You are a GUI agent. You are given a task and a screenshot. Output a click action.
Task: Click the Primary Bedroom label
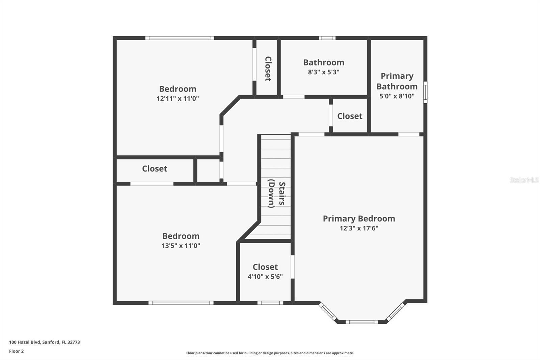click(359, 218)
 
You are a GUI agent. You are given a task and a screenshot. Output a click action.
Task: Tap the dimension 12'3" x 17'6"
click(359, 228)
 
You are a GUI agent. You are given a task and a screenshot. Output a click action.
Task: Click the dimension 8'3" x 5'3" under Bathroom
click(323, 72)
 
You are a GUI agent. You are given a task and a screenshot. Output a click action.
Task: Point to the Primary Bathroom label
click(397, 81)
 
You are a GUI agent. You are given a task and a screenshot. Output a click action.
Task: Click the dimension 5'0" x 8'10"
click(397, 96)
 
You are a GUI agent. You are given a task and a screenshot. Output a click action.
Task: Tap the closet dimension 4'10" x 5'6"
click(265, 277)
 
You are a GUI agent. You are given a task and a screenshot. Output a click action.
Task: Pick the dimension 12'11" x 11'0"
click(178, 99)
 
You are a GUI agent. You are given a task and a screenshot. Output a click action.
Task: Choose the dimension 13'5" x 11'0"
click(181, 246)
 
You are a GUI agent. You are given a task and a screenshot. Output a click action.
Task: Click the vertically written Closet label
click(268, 69)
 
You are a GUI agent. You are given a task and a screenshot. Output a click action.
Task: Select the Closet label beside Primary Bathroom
click(350, 116)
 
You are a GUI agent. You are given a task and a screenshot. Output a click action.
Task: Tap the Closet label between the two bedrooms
click(155, 169)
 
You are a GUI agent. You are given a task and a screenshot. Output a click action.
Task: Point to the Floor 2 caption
click(16, 351)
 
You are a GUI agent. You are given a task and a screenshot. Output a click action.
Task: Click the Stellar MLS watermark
click(524, 180)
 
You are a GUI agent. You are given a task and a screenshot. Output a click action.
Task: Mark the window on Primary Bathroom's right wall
click(425, 92)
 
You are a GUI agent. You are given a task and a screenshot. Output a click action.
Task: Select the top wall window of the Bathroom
click(327, 38)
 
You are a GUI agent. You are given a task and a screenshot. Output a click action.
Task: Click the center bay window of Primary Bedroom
click(361, 322)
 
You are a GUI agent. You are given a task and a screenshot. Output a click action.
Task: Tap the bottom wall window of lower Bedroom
click(181, 303)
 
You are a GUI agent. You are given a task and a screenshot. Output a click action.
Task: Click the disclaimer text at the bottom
click(270, 353)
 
